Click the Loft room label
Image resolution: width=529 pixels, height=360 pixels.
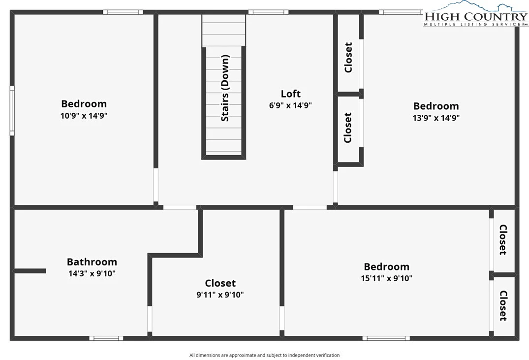[290, 94]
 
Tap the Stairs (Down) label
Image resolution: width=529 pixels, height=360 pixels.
[225, 88]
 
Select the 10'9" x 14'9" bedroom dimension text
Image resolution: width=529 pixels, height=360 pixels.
[84, 116]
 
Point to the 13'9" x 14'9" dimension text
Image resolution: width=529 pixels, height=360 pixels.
[436, 118]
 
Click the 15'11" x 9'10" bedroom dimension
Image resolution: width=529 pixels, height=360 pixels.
[387, 278]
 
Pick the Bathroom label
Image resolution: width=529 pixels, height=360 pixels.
[92, 262]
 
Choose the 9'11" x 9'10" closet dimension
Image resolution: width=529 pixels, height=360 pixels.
[220, 295]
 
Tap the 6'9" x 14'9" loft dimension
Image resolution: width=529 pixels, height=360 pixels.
[290, 105]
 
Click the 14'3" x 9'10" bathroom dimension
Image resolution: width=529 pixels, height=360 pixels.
[92, 273]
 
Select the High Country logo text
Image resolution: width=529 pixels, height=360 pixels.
[476, 16]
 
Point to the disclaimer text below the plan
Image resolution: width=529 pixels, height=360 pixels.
[265, 355]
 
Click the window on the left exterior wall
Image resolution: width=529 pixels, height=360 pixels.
[12, 111]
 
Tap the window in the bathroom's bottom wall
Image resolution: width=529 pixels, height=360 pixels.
[106, 338]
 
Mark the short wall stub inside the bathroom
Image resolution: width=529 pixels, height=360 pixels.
[30, 271]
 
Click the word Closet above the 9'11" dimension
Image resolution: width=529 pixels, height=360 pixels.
[220, 283]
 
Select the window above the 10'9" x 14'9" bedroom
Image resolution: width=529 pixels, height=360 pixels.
[123, 12]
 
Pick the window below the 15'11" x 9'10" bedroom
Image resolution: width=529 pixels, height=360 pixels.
[386, 338]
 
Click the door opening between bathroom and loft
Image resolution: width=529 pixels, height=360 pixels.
[180, 207]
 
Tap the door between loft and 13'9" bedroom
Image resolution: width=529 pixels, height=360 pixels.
[335, 187]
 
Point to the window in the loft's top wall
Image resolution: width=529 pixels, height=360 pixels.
[269, 12]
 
